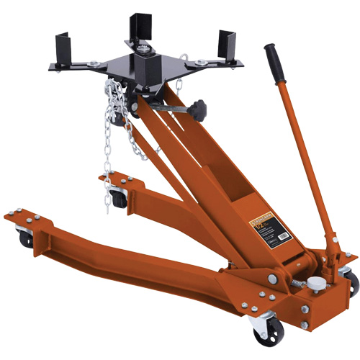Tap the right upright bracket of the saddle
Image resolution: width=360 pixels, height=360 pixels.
click(x=230, y=43)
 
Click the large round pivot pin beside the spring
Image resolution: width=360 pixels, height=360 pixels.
click(x=273, y=276)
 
